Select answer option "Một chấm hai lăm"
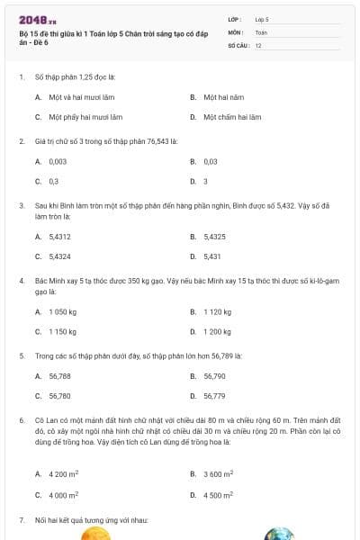coord(231,117)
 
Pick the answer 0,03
coord(211,161)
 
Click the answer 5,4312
coord(60,237)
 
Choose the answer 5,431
coord(212,256)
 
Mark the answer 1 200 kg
coord(219,331)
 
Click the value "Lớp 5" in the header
coord(262,18)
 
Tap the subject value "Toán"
coord(261,31)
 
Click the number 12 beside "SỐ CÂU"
coord(258,44)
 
